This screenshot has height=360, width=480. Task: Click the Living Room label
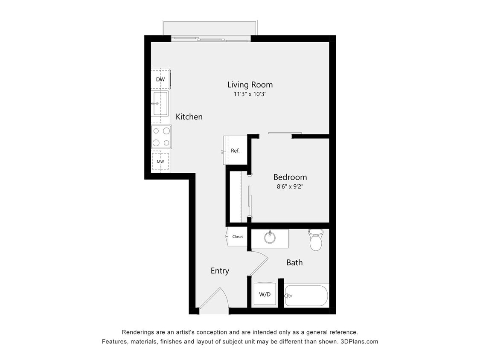250,84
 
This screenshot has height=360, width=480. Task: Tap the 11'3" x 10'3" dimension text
250,95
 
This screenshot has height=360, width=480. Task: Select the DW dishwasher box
160,79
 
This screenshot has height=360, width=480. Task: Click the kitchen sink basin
160,104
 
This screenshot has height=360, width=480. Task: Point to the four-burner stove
161,137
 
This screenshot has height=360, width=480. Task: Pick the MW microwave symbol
160,162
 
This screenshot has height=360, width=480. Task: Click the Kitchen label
189,116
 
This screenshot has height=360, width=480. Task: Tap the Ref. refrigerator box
235,151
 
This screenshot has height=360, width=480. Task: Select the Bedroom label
290,177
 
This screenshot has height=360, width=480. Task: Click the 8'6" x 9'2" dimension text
290,186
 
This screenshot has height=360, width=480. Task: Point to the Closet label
237,237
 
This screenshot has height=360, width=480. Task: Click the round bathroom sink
270,237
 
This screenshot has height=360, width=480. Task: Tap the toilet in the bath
316,240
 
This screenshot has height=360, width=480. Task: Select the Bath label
294,263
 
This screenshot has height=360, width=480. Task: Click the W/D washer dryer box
265,294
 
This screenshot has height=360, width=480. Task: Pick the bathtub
307,296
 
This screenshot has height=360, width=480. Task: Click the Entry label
220,271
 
